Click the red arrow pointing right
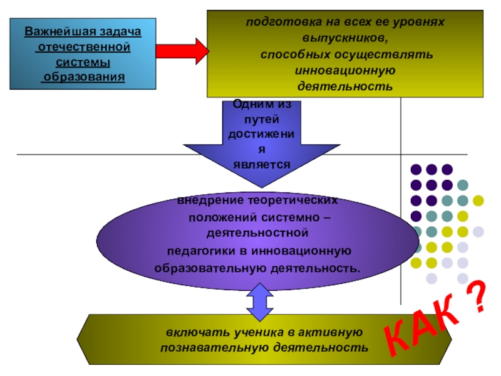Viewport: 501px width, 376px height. tap(182, 50)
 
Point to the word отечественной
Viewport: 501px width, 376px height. tap(83, 47)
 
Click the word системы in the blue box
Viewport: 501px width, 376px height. tap(83, 62)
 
